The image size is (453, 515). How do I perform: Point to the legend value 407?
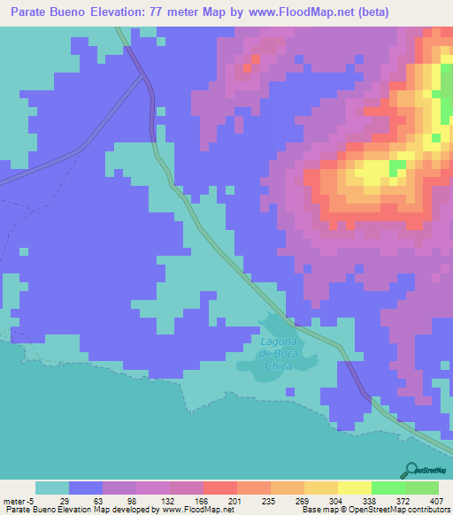coord(438,500)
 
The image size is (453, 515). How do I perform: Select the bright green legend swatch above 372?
coord(388,488)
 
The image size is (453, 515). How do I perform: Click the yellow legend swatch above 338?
coord(354,488)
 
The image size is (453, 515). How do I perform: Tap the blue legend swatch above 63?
coord(85,488)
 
